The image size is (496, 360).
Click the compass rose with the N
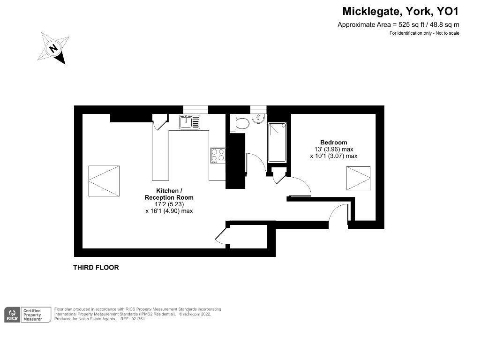[x=53, y=48]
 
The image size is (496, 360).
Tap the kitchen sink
[x=190, y=122]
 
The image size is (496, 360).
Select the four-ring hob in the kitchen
[x=218, y=155]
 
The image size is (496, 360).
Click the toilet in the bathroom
[x=240, y=123]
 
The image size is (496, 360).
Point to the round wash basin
[x=258, y=119]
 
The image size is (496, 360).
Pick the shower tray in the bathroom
[x=277, y=142]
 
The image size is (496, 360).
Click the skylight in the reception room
[x=104, y=181]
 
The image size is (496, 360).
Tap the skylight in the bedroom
[x=358, y=179]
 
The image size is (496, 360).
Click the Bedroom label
[x=333, y=142]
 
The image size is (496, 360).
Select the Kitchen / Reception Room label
[x=169, y=194]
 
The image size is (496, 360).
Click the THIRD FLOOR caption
[x=96, y=268]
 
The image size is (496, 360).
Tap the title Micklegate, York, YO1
[x=400, y=11]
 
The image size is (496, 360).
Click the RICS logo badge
[x=13, y=315]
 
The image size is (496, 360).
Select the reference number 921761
[x=138, y=319]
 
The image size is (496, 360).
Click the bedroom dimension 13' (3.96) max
[x=333, y=149]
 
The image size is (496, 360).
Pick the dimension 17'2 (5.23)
[x=169, y=204]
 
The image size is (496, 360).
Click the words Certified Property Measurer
[x=32, y=315]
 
